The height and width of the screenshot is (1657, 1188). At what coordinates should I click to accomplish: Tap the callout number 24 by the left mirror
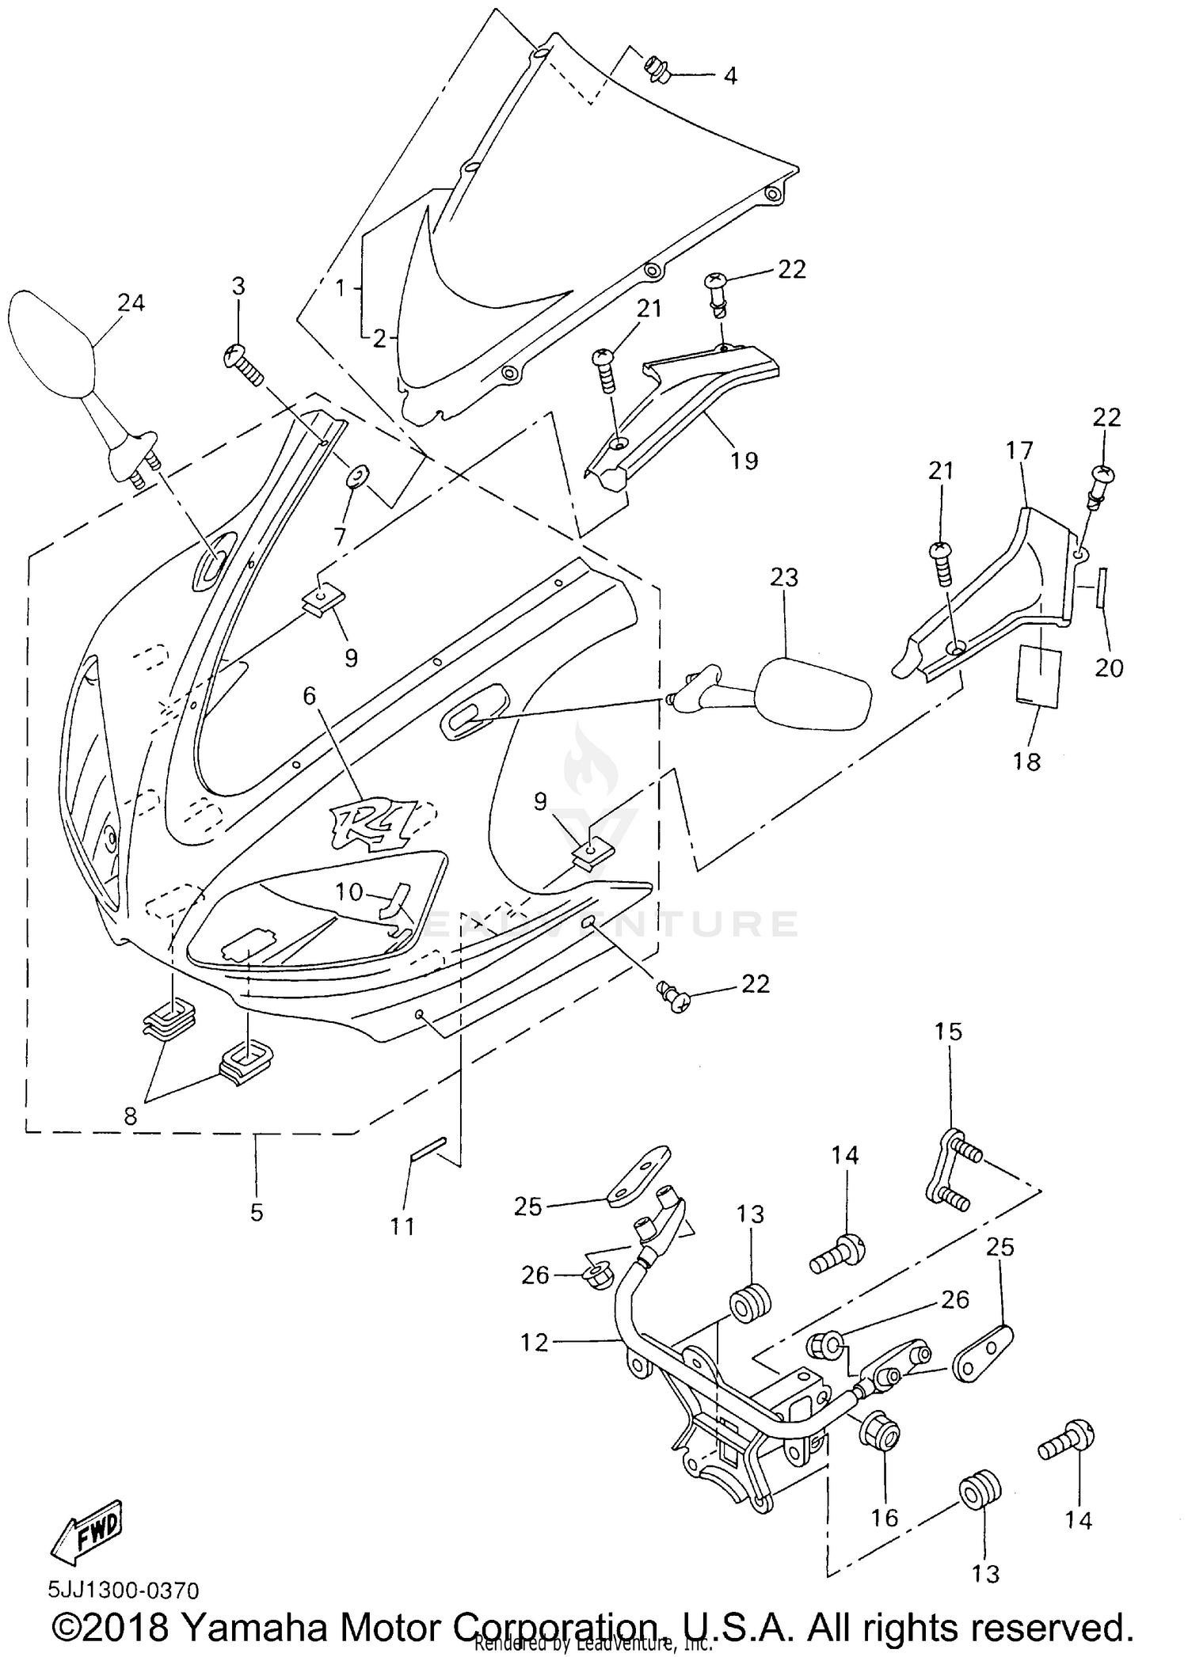point(131,302)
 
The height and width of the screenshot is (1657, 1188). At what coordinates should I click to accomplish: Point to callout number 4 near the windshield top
point(730,76)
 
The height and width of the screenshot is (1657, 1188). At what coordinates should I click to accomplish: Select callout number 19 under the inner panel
point(744,460)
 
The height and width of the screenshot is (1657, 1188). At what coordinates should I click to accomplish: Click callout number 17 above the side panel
point(1020,451)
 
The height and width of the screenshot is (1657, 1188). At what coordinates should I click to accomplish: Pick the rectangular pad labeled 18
point(1038,675)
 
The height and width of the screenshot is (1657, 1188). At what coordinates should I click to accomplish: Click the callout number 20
point(1109,668)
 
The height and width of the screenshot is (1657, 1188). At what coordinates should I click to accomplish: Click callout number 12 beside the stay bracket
point(535,1343)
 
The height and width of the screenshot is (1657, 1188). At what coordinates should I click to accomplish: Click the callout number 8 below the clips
point(131,1117)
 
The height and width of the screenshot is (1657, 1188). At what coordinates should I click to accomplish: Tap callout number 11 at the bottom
point(402,1227)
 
